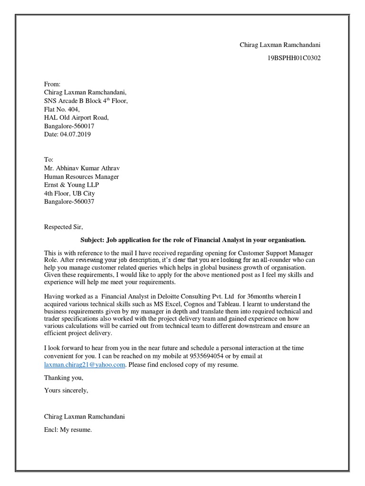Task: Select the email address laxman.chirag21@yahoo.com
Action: coord(85,364)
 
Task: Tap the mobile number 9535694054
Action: coord(206,355)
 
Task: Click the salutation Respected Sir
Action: coord(63,227)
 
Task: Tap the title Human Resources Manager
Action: coord(81,177)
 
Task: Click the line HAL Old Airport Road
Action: coord(77,117)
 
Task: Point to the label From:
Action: coord(52,84)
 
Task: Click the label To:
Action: coord(49,159)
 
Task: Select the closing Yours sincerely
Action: coord(66,391)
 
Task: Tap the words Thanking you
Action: coord(64,378)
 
